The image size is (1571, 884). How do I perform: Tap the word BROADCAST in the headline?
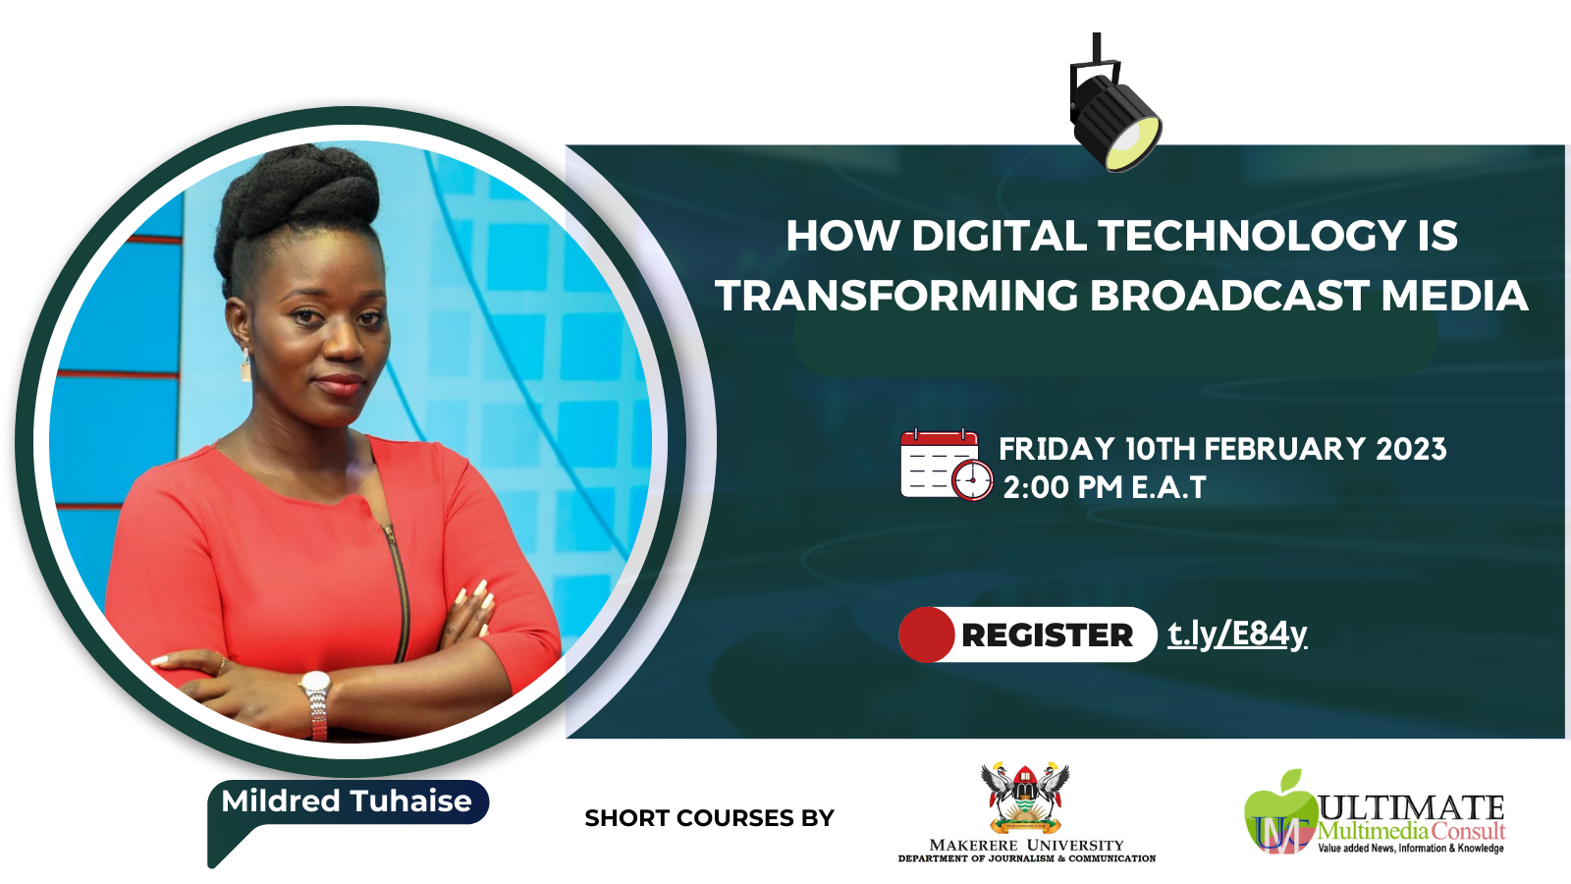[1229, 296]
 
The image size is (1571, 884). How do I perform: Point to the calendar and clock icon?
[946, 466]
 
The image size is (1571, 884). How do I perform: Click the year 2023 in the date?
[1411, 449]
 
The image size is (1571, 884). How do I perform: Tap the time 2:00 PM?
[1064, 487]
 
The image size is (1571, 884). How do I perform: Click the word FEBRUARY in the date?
[1284, 449]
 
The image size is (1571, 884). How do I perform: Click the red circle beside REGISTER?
[926, 635]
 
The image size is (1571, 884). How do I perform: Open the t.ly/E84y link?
[1237, 635]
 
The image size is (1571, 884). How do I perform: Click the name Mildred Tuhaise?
[347, 801]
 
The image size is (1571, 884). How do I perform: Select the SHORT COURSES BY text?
[709, 818]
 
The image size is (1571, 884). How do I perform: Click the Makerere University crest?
[1025, 798]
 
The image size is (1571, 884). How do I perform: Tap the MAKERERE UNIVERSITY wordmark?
[1026, 845]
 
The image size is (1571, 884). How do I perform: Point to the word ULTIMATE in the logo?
[1411, 807]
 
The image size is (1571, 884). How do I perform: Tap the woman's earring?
[245, 366]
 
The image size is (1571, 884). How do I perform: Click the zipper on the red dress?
[401, 589]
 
